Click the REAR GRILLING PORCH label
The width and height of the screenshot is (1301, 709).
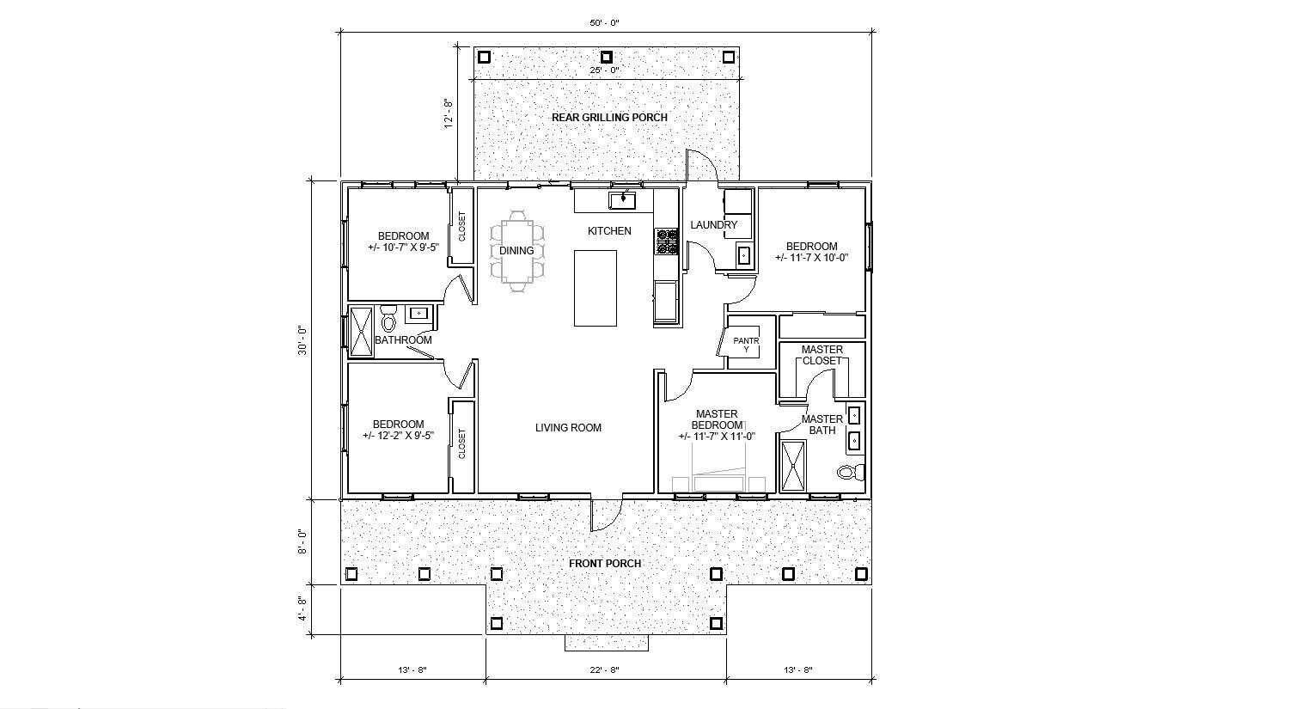tap(608, 117)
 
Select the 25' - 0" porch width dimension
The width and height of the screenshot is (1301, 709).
tap(606, 70)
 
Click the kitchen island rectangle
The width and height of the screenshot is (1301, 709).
tap(596, 287)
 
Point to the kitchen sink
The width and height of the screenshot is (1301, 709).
tap(622, 200)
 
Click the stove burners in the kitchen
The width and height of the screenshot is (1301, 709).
tap(666, 241)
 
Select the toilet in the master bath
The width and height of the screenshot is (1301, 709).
tap(848, 472)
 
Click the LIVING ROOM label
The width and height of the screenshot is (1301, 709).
tap(568, 428)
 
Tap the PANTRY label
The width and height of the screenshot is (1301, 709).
tap(745, 345)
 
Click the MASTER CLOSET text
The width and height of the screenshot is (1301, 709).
tap(822, 355)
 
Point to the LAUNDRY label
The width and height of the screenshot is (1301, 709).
tap(713, 225)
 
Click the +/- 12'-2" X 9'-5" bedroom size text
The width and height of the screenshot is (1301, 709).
tap(398, 436)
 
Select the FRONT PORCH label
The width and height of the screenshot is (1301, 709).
tap(605, 564)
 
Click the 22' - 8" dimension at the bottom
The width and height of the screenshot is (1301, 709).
tap(606, 669)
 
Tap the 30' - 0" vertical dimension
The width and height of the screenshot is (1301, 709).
tap(302, 339)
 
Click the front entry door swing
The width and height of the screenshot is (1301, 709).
tap(604, 514)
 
